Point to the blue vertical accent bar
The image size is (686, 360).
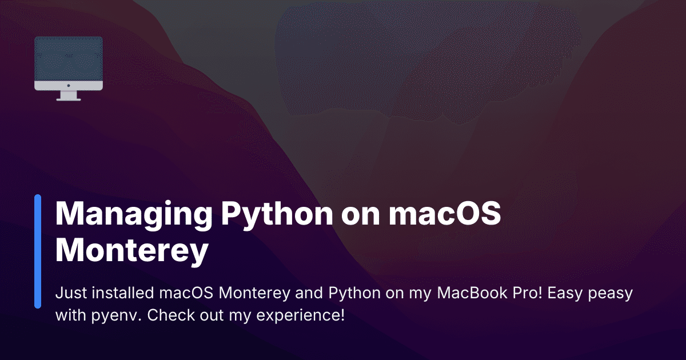38,251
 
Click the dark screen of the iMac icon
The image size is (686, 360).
69,59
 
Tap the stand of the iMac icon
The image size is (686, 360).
69,96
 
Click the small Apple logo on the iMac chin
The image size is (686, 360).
69,85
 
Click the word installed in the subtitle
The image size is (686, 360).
123,293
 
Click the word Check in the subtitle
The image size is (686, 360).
170,315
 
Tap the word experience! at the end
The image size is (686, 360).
301,316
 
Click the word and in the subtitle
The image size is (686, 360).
309,293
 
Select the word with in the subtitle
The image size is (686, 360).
71,315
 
